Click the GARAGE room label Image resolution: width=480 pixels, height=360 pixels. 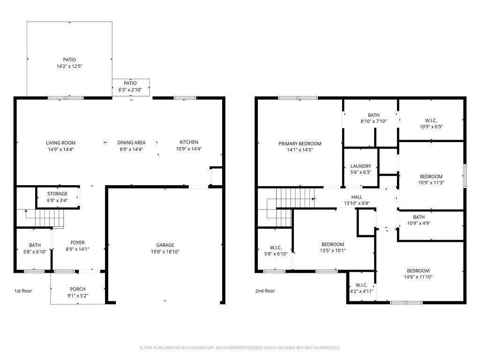[x=165, y=245]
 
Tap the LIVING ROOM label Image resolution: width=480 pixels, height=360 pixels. [x=60, y=143]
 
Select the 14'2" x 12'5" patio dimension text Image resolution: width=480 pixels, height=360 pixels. [x=69, y=67]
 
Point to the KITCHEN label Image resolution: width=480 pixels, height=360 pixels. [x=189, y=142]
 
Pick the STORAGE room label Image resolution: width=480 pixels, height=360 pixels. [x=57, y=194]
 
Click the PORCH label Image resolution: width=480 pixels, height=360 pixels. [x=78, y=289]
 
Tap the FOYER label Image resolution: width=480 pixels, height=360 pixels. [x=78, y=243]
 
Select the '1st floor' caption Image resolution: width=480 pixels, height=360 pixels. [x=23, y=291]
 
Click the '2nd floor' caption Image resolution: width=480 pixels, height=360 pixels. [x=265, y=291]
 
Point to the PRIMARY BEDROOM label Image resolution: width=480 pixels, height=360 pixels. [x=300, y=144]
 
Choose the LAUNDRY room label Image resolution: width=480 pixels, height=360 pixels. [x=360, y=166]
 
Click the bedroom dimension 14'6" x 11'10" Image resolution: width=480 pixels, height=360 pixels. [x=418, y=277]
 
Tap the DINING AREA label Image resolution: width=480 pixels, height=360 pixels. [x=131, y=143]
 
